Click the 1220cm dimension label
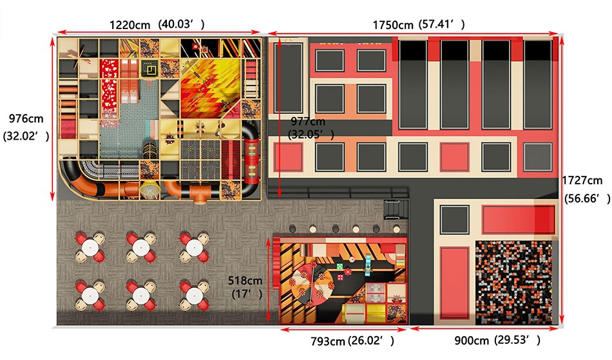[x=129, y=25]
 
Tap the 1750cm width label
[x=393, y=25]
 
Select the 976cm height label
[x=26, y=118]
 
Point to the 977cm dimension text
[x=308, y=122]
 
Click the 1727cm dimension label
[x=582, y=180]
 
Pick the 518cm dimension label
[x=245, y=280]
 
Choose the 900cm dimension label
[x=472, y=341]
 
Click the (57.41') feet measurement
[x=441, y=24]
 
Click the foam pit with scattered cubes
[x=513, y=282]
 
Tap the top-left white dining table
[x=90, y=247]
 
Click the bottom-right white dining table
[x=194, y=296]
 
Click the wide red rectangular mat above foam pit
[x=519, y=220]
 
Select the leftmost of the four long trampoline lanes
[x=412, y=84]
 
